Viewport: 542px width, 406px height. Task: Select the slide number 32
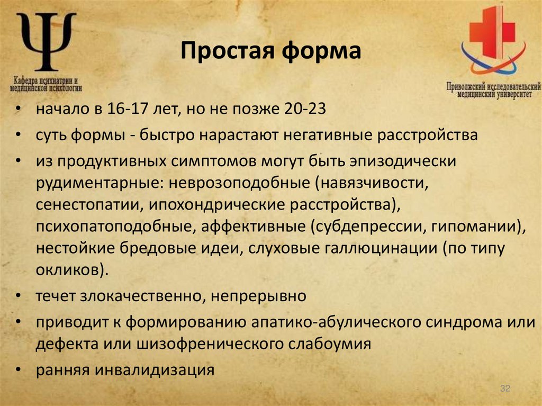(x=504, y=390)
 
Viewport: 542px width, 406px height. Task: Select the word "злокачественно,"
(x=140, y=296)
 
